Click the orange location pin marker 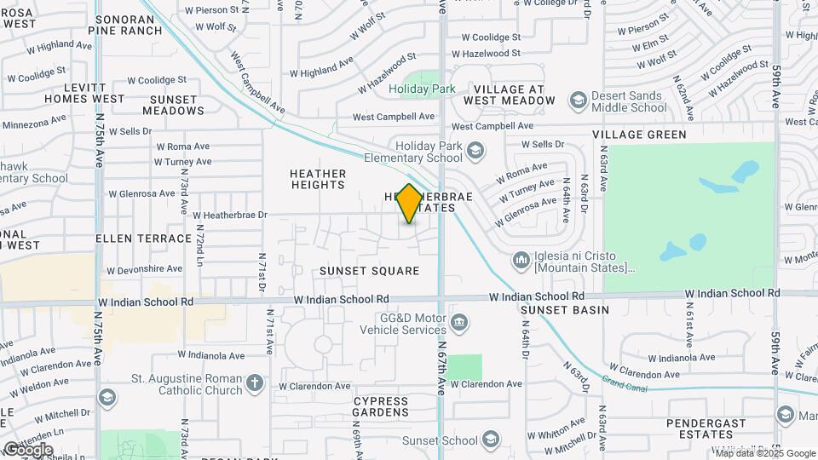click(409, 204)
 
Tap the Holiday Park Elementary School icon click(475, 152)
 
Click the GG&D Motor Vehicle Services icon click(459, 322)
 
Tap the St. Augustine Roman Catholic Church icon click(255, 382)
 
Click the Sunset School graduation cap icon click(490, 440)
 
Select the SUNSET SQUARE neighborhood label click(370, 271)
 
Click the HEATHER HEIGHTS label click(318, 179)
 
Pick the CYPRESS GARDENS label click(389, 406)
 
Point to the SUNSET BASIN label click(565, 309)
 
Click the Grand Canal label click(625, 383)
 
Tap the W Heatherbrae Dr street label click(230, 216)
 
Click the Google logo click(27, 449)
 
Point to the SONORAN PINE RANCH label click(129, 24)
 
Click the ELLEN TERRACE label click(143, 239)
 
